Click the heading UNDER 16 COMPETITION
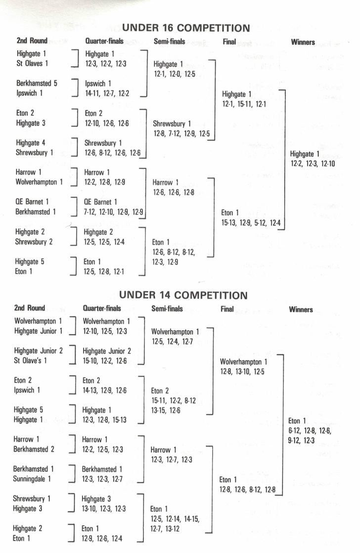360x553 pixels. point(186,28)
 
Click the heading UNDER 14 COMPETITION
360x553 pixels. point(183,295)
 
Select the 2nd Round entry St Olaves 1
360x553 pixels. point(32,64)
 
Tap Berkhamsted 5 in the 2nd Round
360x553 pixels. point(37,84)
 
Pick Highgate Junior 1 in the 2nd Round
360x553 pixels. point(39,331)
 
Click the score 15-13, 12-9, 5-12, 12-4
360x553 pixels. point(251,223)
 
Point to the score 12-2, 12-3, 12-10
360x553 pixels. point(313,163)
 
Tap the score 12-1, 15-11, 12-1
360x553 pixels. point(244,104)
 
